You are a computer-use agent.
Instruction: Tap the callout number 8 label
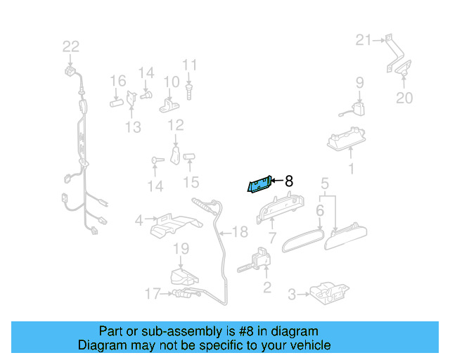tap(288, 181)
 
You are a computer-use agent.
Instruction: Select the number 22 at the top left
tap(71, 46)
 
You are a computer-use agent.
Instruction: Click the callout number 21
tap(363, 40)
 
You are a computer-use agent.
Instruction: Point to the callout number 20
tap(404, 98)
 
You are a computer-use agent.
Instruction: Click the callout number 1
tap(352, 169)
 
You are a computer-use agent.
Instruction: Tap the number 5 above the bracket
tap(325, 184)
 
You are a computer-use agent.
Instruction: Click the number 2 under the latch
tap(266, 287)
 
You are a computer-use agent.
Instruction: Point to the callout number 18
tap(240, 232)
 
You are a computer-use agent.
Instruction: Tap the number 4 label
tap(139, 221)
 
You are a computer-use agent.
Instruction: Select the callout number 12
tap(175, 125)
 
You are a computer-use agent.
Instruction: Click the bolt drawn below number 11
tap(189, 91)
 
